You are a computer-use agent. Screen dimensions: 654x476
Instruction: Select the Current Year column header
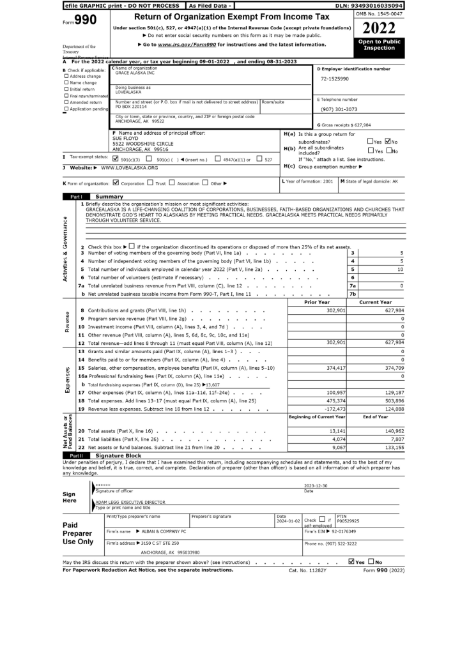tap(376, 302)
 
